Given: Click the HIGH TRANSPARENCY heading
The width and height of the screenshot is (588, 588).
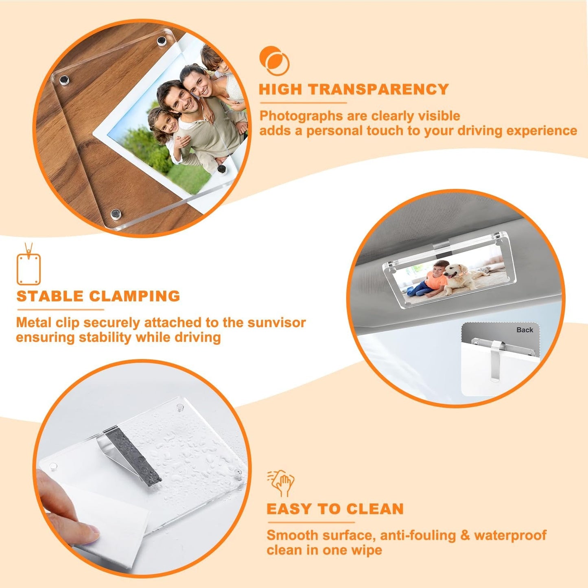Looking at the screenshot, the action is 354,90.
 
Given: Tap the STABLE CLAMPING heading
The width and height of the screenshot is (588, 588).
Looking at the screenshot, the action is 98,296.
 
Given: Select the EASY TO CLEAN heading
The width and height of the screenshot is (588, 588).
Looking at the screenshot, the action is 335,509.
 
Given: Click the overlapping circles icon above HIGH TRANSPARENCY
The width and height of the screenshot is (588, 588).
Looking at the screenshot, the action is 274,60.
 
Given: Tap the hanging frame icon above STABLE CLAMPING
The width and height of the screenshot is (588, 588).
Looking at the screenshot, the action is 28,264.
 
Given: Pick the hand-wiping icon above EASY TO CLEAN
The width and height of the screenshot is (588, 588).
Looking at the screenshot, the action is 281,483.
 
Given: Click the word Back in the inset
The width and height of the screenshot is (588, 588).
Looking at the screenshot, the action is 525,330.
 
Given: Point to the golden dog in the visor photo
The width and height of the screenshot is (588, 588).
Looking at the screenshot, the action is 463,278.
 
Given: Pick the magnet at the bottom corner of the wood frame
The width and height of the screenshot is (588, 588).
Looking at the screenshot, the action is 116,214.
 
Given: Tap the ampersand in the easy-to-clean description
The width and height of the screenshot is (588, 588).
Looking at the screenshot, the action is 465,535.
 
